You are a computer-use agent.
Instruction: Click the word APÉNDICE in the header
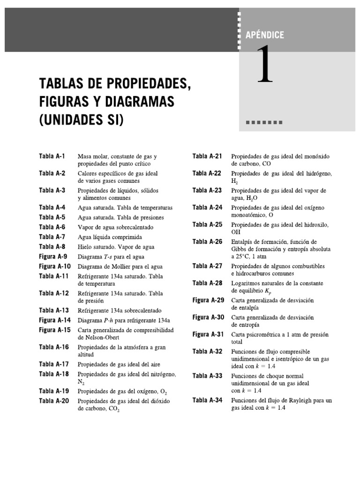click(x=265, y=35)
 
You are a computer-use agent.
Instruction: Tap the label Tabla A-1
click(x=52, y=156)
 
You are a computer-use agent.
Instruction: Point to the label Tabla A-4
click(x=52, y=207)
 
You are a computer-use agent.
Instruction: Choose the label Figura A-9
click(x=53, y=256)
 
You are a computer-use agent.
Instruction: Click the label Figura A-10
click(x=55, y=266)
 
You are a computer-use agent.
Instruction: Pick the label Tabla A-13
click(x=54, y=310)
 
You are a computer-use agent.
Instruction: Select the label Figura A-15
click(x=55, y=330)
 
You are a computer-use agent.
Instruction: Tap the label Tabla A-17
click(x=54, y=364)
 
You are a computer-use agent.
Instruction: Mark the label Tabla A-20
click(x=54, y=401)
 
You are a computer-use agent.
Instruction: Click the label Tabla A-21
click(x=207, y=156)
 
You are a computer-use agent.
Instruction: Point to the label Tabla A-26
click(x=207, y=241)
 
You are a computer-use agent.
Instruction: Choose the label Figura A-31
click(x=209, y=334)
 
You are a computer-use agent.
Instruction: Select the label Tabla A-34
click(x=207, y=400)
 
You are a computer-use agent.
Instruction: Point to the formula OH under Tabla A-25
click(x=235, y=232)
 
